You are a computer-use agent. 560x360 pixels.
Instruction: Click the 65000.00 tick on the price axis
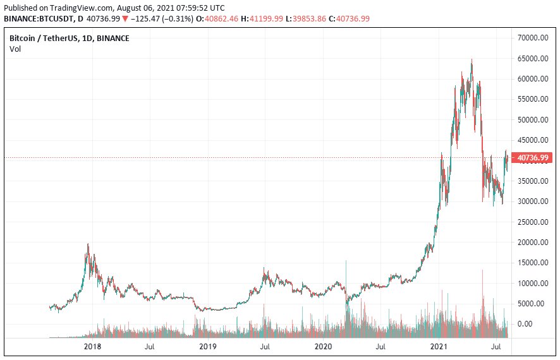coord(531,59)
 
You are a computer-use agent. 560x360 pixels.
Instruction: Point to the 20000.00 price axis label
coord(531,243)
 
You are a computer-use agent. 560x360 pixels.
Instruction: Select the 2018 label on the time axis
coord(93,347)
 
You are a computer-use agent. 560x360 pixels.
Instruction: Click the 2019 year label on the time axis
coord(208,347)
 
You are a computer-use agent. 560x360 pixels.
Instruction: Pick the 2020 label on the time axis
coord(323,347)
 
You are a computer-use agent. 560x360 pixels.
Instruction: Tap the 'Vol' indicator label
coord(15,49)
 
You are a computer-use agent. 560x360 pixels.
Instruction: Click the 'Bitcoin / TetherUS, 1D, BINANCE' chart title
coord(70,39)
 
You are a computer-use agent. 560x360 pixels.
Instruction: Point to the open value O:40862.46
coord(219,19)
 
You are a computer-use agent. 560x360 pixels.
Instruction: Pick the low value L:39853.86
coord(305,19)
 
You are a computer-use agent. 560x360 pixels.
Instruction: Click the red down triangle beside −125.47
coord(125,19)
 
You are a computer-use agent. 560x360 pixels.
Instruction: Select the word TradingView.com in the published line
coord(75,8)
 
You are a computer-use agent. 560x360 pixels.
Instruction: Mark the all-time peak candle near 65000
coord(472,60)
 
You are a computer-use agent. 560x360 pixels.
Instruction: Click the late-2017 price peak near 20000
coord(88,245)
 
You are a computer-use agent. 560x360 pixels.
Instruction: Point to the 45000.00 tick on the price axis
coord(531,140)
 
